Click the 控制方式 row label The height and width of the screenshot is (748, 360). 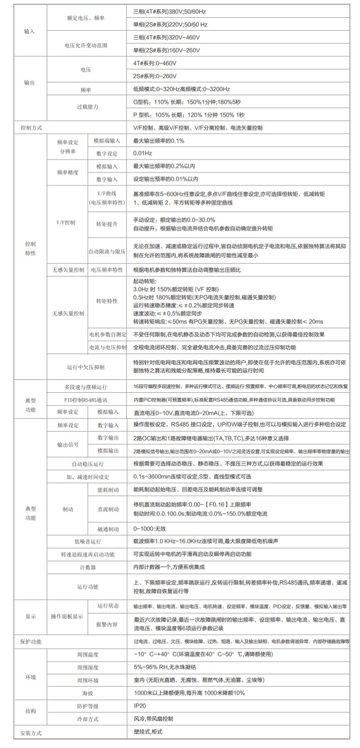click(x=30, y=128)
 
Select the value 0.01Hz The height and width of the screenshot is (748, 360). click(x=142, y=154)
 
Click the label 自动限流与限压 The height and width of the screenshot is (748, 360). click(x=107, y=251)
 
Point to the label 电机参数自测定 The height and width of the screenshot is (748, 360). click(x=107, y=334)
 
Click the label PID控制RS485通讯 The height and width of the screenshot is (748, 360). click(x=85, y=400)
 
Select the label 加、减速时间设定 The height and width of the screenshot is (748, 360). click(x=88, y=477)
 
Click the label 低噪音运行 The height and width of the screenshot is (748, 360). click(x=88, y=542)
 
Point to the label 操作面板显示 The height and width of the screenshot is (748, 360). click(x=66, y=616)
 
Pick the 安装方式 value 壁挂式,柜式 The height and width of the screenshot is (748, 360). click(x=148, y=732)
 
